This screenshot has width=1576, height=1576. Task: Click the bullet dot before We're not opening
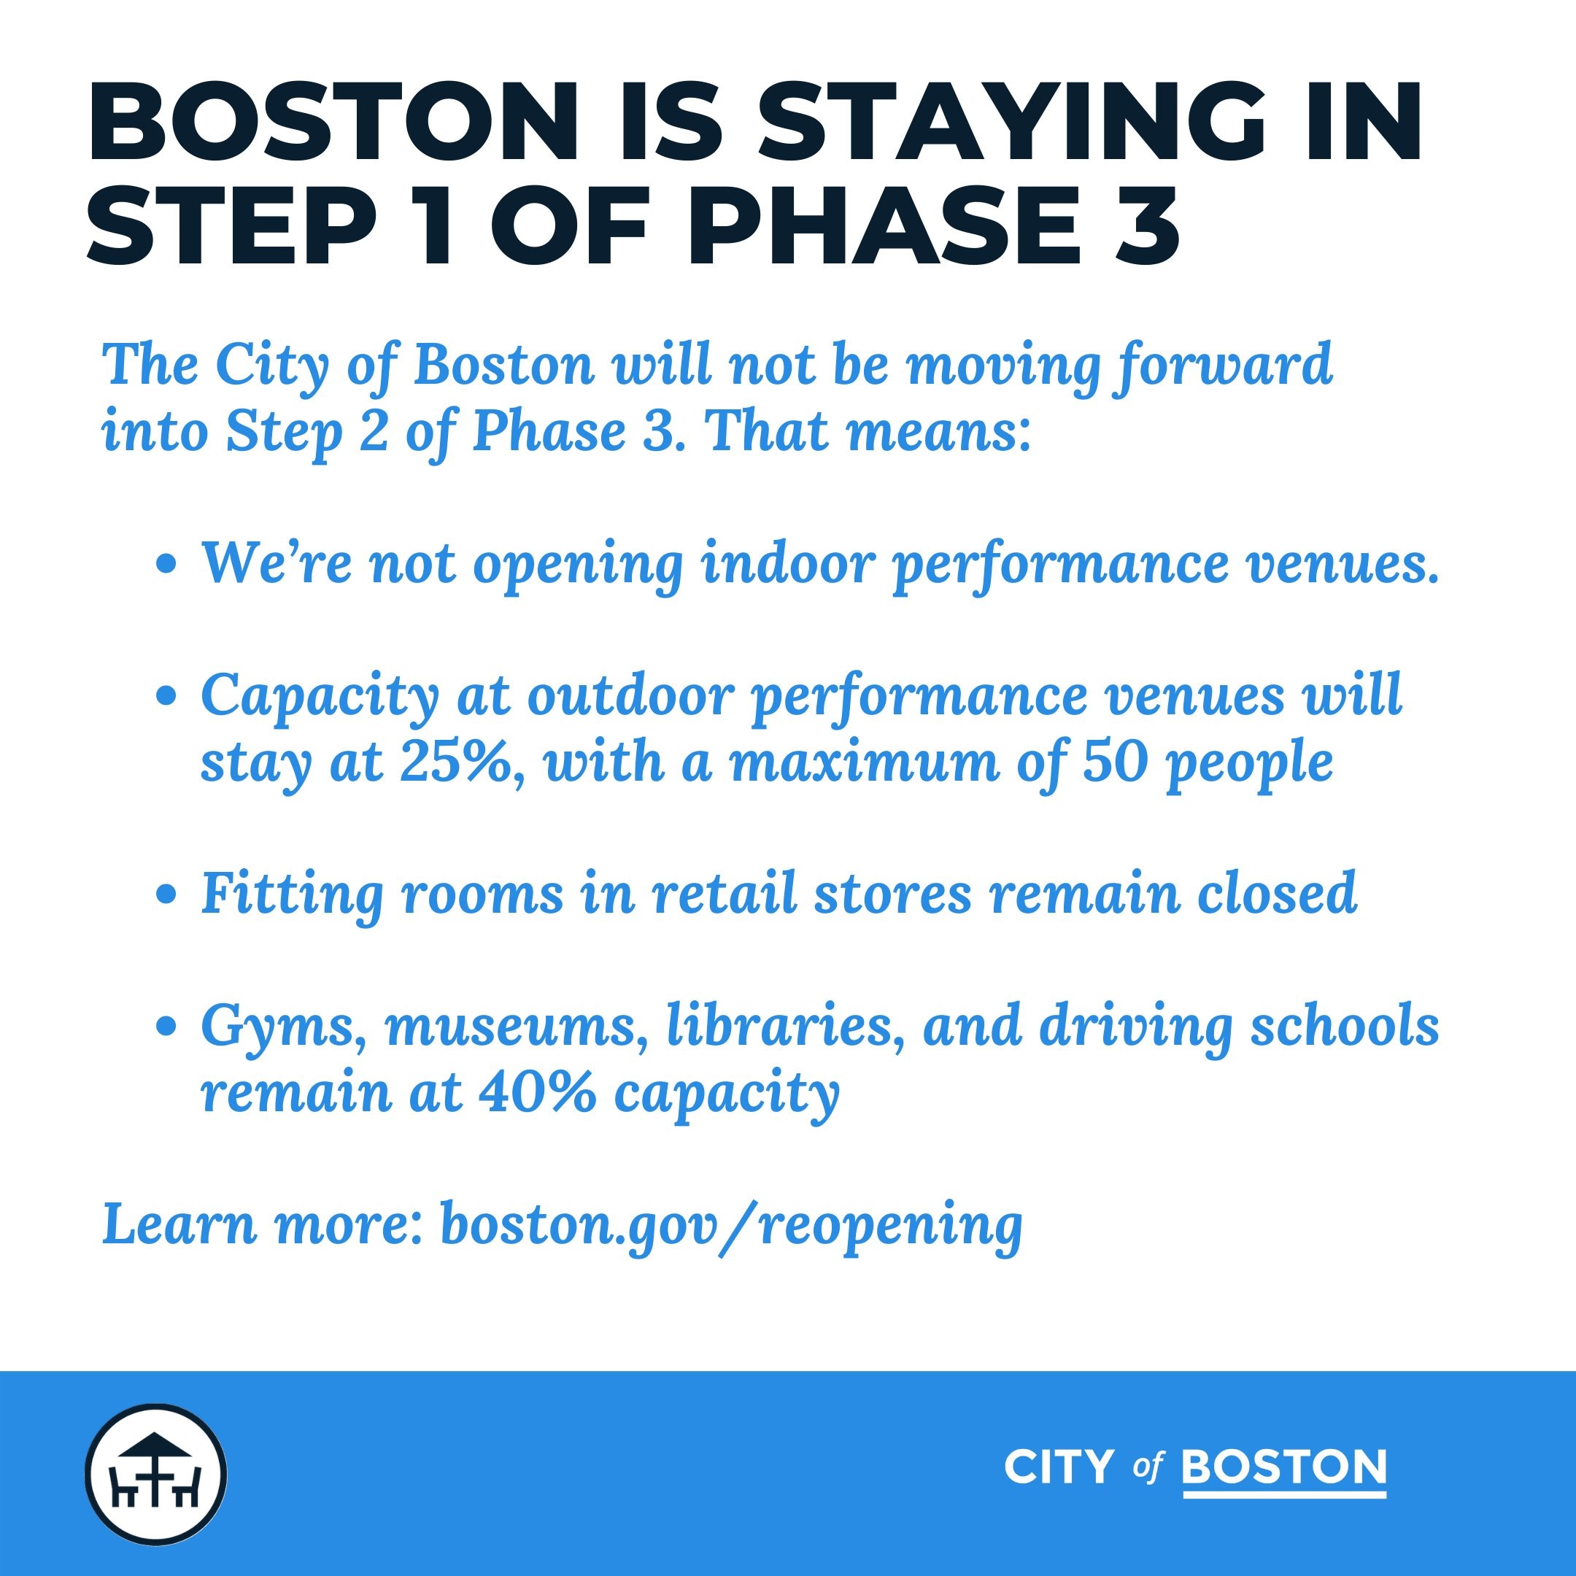[166, 565]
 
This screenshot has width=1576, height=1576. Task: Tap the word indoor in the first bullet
[788, 563]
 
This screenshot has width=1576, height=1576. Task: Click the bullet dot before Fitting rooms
[166, 894]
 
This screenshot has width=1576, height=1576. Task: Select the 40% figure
[534, 1092]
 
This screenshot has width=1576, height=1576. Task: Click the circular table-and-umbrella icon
[156, 1474]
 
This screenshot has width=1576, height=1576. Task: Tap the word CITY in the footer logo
[1059, 1467]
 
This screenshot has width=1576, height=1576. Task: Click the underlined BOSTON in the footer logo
[1284, 1467]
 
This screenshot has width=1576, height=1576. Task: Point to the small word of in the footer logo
[1146, 1468]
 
